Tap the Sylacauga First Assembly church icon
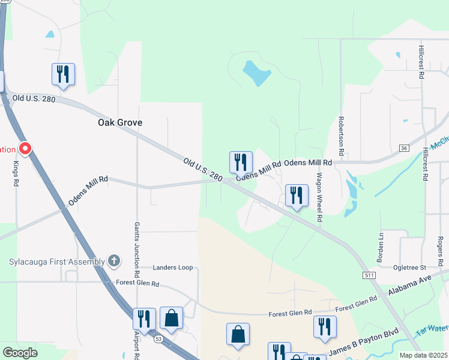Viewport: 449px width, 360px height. click(115, 260)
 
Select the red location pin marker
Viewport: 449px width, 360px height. click(25, 148)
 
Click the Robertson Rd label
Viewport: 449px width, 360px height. click(341, 137)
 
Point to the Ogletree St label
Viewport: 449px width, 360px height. click(409, 267)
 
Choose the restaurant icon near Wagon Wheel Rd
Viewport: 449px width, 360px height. click(296, 196)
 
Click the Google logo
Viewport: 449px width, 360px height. click(20, 353)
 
